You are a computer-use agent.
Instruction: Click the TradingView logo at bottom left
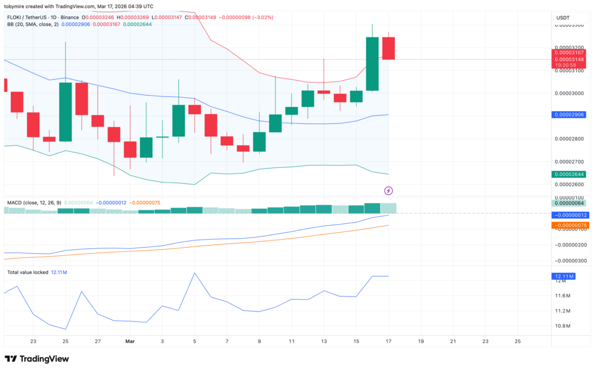coord(37,359)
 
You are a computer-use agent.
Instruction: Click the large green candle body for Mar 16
coord(372,64)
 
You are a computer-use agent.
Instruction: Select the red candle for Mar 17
coord(388,48)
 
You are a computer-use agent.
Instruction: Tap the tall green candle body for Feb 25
coord(65,112)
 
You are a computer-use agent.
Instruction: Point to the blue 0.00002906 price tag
coord(570,115)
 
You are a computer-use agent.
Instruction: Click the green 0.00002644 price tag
coord(570,174)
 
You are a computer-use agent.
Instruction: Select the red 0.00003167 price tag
coord(570,52)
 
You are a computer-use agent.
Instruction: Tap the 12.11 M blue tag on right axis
coord(564,276)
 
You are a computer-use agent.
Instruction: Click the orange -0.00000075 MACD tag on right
coord(570,226)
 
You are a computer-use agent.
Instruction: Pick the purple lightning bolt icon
coord(389,190)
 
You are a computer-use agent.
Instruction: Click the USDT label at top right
coord(563,18)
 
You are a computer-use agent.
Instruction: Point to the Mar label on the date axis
coord(130,341)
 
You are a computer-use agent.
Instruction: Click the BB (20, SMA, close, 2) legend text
coord(33,24)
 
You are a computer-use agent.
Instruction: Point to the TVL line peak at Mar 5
coord(195,273)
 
